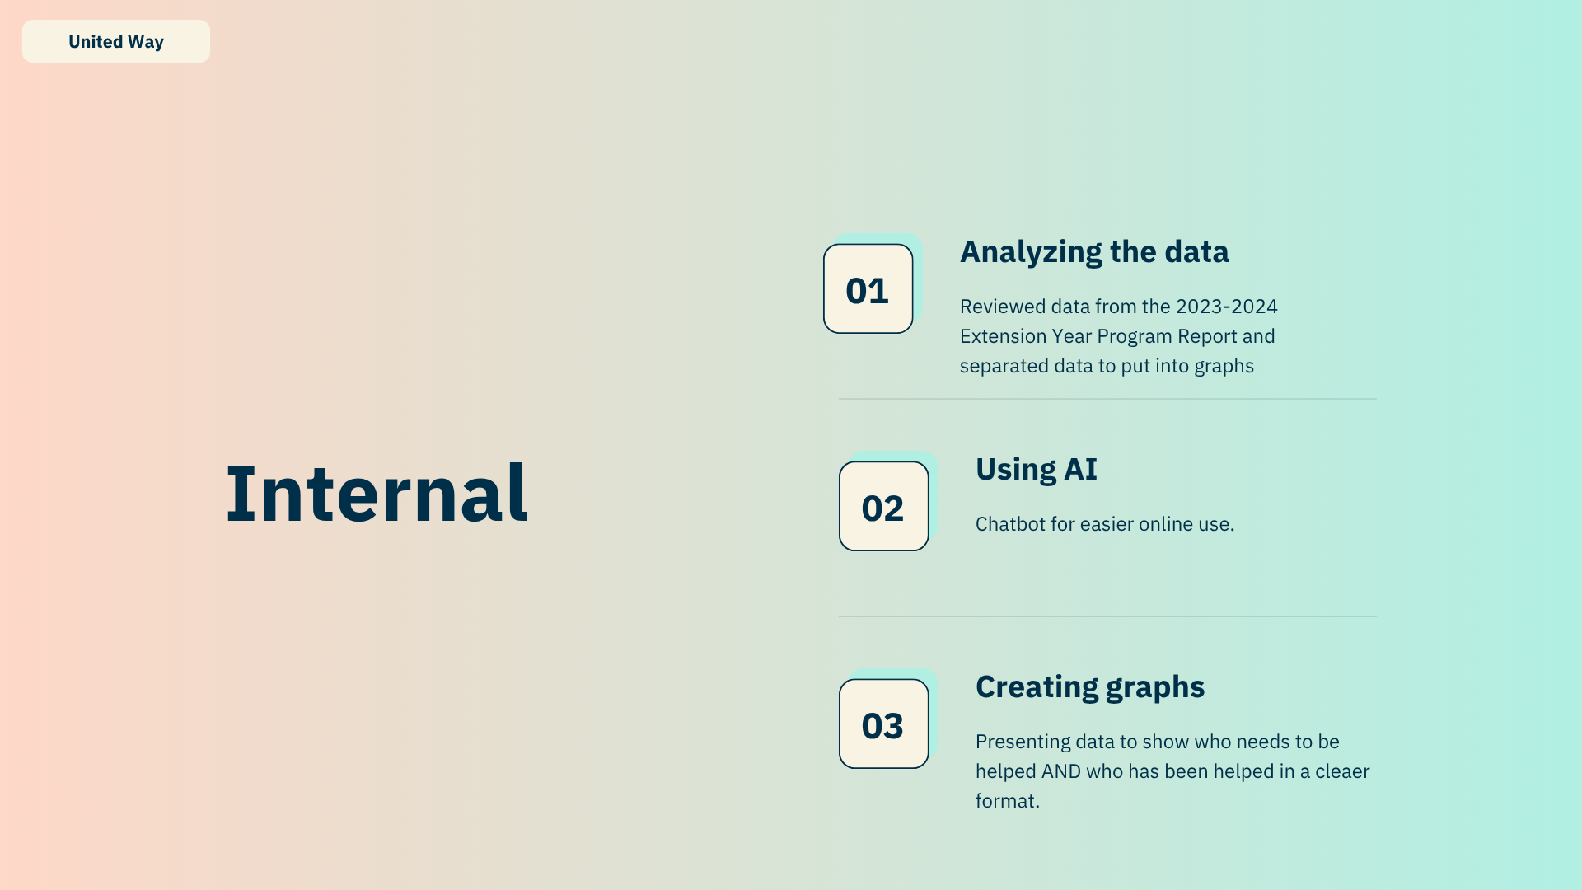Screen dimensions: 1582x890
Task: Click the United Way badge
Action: click(x=116, y=41)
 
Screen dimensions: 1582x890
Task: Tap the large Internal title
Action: click(x=377, y=493)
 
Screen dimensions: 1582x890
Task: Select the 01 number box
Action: click(x=868, y=288)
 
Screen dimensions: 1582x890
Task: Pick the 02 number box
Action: click(x=884, y=506)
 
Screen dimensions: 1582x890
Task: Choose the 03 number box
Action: click(x=884, y=724)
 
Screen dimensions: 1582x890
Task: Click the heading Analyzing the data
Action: click(x=1094, y=252)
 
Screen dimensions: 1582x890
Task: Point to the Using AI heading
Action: click(x=1037, y=469)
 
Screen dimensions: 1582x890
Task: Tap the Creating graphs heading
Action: click(x=1090, y=687)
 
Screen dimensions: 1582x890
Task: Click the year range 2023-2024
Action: click(x=1227, y=307)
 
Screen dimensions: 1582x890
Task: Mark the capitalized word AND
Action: click(x=1061, y=771)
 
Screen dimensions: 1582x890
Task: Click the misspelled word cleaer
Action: click(x=1342, y=771)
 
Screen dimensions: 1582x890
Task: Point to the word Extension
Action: click(x=1003, y=336)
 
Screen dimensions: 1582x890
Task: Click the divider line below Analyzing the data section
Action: click(x=1107, y=399)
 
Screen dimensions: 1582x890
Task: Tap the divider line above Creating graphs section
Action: click(x=1107, y=616)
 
